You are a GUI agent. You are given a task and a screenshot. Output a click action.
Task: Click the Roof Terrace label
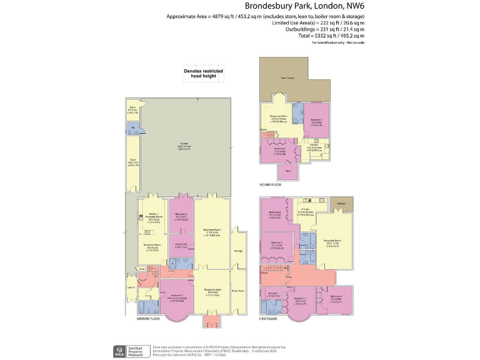pos(287,78)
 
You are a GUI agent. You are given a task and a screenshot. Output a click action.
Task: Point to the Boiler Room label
pos(238,290)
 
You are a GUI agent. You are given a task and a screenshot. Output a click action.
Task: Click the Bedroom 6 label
pos(274,211)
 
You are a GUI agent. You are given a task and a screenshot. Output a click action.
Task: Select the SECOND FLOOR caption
pos(270,185)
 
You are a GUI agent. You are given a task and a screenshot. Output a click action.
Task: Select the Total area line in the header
pos(331,34)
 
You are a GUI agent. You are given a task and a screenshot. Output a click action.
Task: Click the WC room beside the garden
pos(132,129)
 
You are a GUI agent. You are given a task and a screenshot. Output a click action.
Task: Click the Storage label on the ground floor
pos(238,252)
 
